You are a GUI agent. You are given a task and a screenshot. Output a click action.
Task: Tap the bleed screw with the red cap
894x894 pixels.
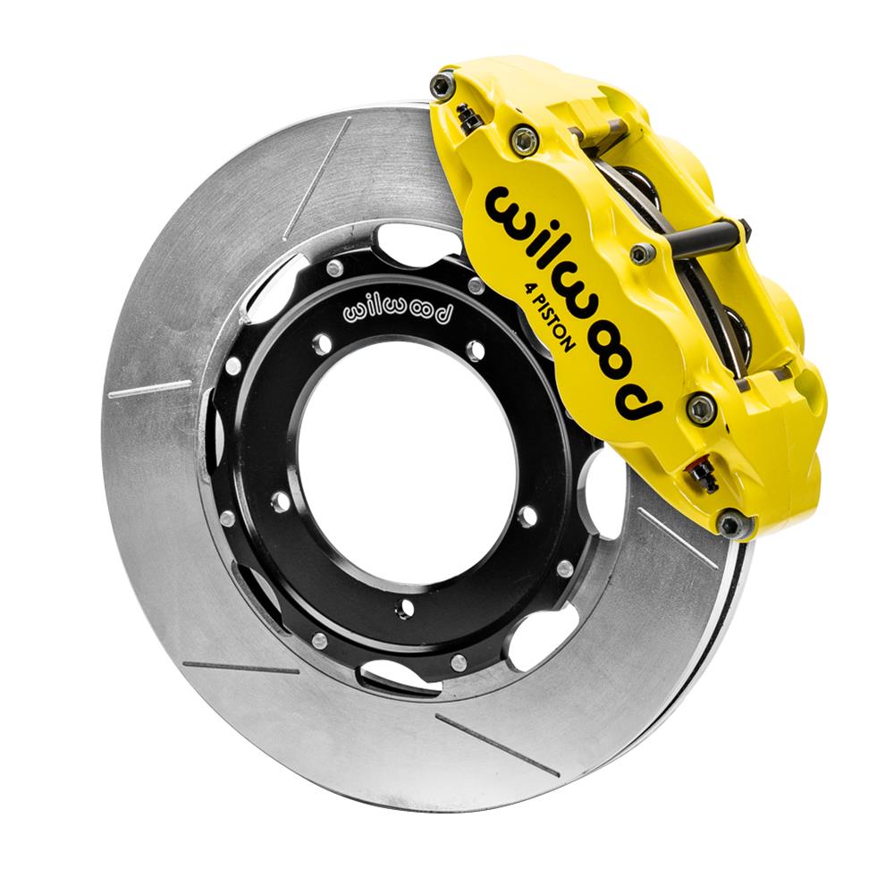[704, 477]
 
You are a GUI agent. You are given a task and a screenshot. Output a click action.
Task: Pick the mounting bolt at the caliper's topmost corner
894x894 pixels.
[441, 85]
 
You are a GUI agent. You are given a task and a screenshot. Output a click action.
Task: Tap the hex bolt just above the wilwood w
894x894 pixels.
[524, 139]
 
